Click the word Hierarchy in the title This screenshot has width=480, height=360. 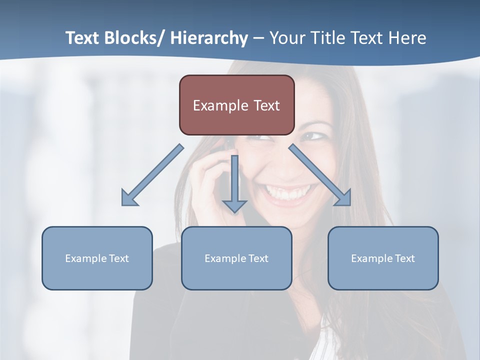pyautogui.click(x=209, y=38)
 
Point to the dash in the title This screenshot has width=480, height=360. pyautogui.click(x=258, y=38)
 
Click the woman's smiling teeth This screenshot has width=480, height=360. pyautogui.click(x=289, y=192)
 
